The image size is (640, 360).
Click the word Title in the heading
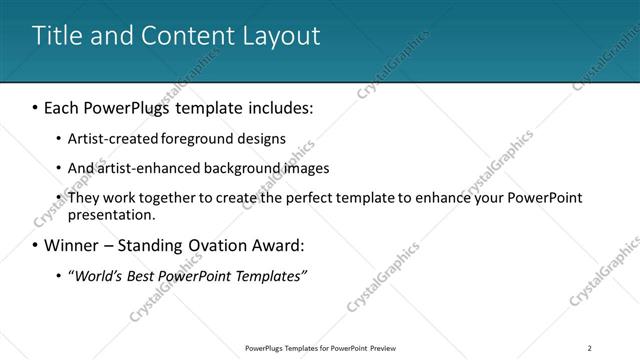(x=55, y=36)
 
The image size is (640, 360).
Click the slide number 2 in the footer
(x=590, y=347)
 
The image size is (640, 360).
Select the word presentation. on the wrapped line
(x=111, y=214)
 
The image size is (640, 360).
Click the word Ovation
(x=224, y=245)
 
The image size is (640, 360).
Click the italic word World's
(x=95, y=275)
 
